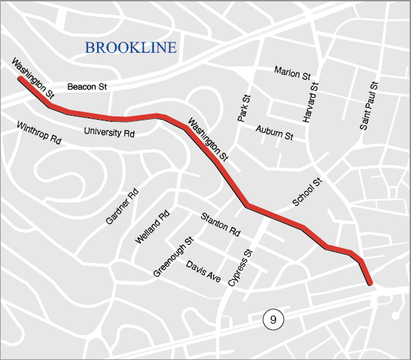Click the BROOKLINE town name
(130, 47)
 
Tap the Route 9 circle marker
(273, 319)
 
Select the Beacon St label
(88, 87)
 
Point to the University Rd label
(109, 131)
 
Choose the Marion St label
(292, 72)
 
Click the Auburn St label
(274, 132)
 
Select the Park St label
(244, 109)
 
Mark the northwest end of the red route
(20, 79)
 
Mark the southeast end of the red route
(370, 282)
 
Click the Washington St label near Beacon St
(32, 77)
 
